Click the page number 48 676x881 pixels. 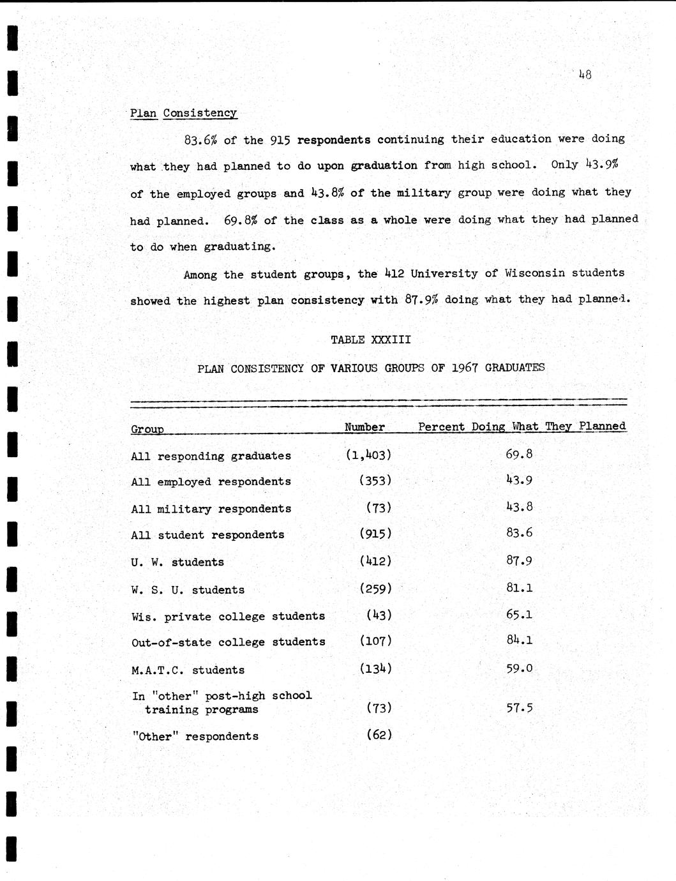tap(585, 75)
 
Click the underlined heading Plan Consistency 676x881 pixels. tap(183, 113)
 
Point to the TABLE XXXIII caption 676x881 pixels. tap(370, 340)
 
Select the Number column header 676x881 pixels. tap(364, 427)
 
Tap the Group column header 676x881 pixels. tap(147, 429)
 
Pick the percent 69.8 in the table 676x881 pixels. tap(519, 454)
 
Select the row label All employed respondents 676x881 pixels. tap(211, 481)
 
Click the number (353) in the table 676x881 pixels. tap(375, 480)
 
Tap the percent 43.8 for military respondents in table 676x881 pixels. tap(519, 507)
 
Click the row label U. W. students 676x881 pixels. tap(177, 562)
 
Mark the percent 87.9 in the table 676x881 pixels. tap(519, 561)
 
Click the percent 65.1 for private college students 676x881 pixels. tap(519, 615)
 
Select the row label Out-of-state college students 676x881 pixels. tap(228, 642)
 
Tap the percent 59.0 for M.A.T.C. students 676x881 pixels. tap(519, 668)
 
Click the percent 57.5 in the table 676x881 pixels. tap(519, 707)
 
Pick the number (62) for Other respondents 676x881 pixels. tap(379, 734)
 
